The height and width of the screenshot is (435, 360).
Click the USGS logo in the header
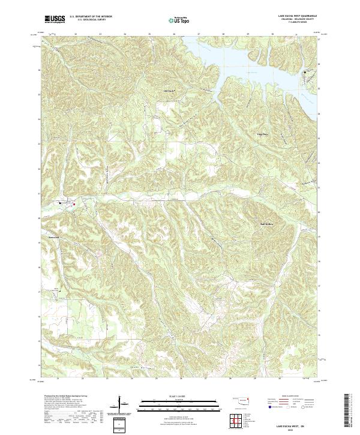click(x=55, y=19)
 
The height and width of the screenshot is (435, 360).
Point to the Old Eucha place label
click(x=169, y=91)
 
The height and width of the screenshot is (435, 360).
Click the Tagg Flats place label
click(x=263, y=134)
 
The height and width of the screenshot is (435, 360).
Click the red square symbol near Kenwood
click(x=74, y=205)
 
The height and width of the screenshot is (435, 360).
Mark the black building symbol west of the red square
click(x=61, y=203)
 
